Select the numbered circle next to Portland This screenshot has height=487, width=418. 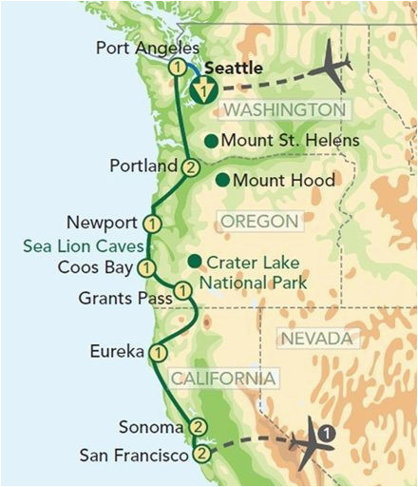click(190, 167)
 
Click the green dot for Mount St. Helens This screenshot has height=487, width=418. click(212, 141)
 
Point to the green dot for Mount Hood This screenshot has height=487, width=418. click(221, 179)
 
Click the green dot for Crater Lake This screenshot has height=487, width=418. click(194, 261)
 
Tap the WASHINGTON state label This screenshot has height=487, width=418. click(283, 110)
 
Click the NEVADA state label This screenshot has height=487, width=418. click(318, 340)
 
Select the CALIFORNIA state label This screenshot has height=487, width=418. click(224, 379)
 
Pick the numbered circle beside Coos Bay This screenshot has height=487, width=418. click(145, 267)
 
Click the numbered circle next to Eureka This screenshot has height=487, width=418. click(158, 352)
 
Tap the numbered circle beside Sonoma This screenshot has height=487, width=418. click(198, 425)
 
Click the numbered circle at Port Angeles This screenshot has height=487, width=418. click(176, 68)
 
